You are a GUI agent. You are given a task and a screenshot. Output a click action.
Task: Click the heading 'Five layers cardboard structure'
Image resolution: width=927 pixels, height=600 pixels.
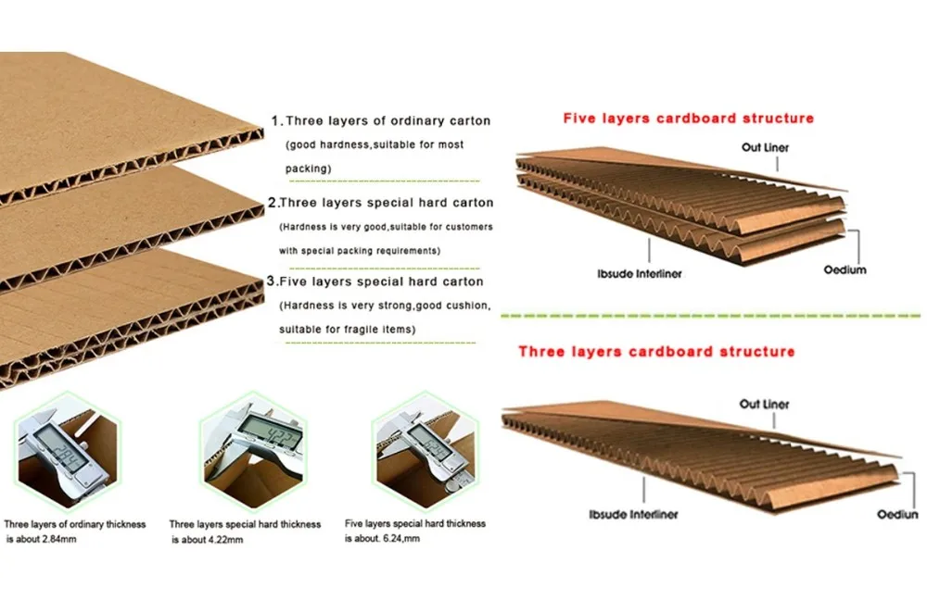coord(689,119)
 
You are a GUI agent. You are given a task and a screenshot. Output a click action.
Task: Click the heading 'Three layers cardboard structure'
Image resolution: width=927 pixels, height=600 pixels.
coord(656,352)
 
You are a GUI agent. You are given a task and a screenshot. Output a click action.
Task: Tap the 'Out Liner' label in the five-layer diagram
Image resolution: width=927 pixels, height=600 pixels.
coord(765,147)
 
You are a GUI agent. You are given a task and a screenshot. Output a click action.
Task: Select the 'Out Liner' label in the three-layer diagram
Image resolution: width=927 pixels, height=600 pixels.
coord(764,405)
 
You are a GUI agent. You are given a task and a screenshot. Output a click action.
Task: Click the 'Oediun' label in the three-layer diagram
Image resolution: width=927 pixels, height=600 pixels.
coord(896,514)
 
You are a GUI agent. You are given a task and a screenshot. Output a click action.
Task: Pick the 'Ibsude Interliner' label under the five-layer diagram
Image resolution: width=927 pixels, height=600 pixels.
coord(641,275)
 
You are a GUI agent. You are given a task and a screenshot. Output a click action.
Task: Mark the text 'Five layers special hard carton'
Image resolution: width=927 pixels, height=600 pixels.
coord(381,281)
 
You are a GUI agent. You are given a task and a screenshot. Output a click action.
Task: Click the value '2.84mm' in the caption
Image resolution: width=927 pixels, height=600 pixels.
coord(55,538)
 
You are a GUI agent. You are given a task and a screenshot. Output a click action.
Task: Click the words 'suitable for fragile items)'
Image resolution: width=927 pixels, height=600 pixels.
coord(347,330)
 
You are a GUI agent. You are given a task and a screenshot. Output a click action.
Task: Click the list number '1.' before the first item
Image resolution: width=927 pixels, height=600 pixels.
coord(275,121)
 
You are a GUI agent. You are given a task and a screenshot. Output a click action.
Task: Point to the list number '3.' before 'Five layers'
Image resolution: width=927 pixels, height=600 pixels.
coord(271,281)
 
